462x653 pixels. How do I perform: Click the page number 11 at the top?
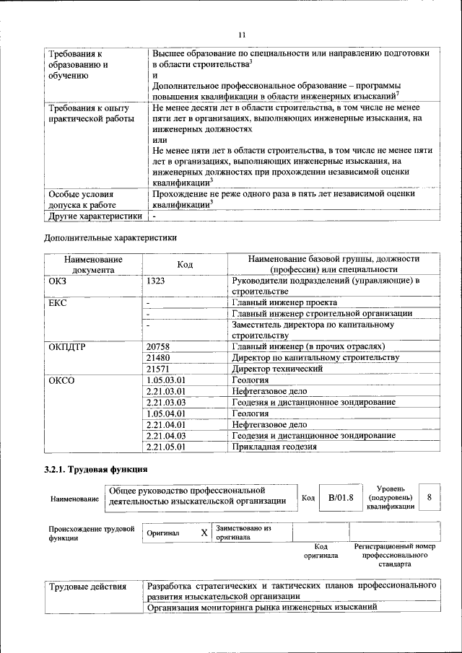pos(242,34)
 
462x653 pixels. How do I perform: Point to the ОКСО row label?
pos(61,380)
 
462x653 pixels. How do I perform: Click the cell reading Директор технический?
pos(277,369)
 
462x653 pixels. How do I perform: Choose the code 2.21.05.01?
pos(166,447)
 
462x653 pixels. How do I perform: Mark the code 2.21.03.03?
pos(166,402)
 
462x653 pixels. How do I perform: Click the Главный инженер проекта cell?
pos(284,303)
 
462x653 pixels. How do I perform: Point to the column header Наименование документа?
pos(93,264)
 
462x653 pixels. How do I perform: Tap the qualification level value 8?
pos(430,498)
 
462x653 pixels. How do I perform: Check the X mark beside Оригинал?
pos(204,533)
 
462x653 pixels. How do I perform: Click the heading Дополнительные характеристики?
pos(110,237)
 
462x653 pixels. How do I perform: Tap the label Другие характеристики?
pos(95,216)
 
